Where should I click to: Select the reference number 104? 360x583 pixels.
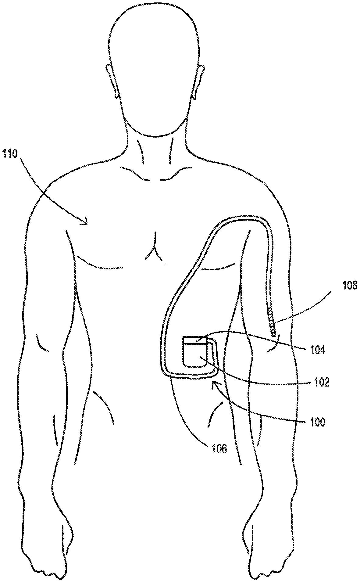pyautogui.click(x=318, y=351)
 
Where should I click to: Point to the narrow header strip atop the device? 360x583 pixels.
pyautogui.click(x=194, y=340)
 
